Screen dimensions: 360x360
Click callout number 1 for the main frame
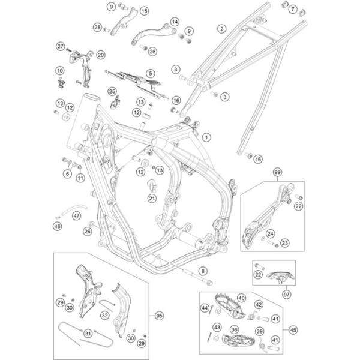pos(206,137)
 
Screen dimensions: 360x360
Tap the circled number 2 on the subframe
pos(221,29)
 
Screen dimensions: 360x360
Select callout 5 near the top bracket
pos(150,73)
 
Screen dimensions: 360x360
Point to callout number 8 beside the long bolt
pos(203,271)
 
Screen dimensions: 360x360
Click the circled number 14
pos(174,22)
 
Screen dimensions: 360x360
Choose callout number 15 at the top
pos(143,11)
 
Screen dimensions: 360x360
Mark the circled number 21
pos(152,198)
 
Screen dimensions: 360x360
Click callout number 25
pos(112,91)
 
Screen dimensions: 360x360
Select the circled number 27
pos(61,46)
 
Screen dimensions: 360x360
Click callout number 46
pos(57,226)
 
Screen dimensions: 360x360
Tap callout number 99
pos(277,173)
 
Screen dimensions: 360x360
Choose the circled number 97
pos(286,295)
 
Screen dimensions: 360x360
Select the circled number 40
pos(241,298)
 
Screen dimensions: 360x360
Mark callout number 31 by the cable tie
pos(88,334)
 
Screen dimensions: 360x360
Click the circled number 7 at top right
pos(292,10)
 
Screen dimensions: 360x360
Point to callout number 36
pos(235,329)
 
